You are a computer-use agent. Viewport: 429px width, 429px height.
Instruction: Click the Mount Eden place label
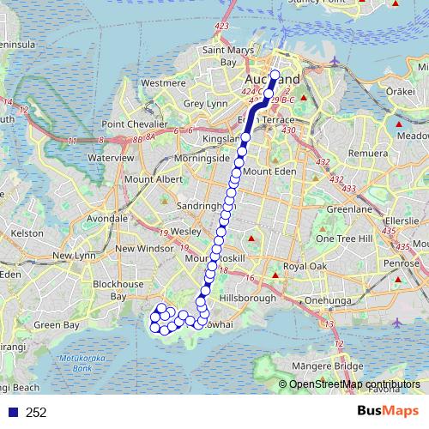click(269, 172)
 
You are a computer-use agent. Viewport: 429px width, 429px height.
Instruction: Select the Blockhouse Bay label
click(118, 290)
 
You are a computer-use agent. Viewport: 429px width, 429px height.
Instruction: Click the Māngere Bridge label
click(336, 366)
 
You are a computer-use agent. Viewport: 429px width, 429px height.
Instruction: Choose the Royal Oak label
click(306, 267)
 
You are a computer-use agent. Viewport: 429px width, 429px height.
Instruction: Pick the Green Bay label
click(57, 325)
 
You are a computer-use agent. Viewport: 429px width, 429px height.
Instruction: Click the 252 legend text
click(36, 413)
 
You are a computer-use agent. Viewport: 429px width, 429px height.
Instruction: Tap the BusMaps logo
click(388, 411)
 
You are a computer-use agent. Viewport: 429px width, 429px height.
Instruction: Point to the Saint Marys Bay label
click(217, 57)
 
